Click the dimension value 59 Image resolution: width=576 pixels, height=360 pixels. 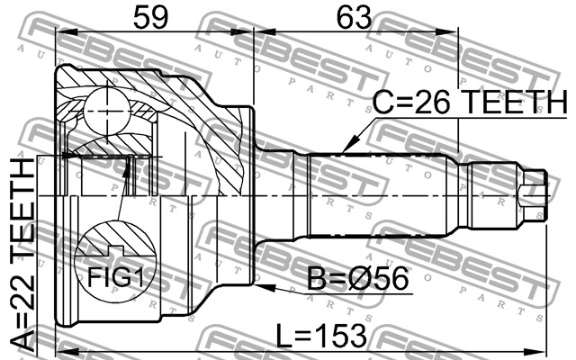tap(150, 18)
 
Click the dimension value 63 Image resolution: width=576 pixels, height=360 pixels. tap(355, 18)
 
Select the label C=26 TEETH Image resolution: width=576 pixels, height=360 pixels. tap(470, 102)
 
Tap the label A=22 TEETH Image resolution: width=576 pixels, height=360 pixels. tap(22, 254)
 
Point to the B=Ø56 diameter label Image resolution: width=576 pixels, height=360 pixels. tap(357, 278)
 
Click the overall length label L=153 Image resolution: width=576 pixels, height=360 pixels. tap(321, 335)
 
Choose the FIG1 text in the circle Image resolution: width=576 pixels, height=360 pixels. tap(115, 277)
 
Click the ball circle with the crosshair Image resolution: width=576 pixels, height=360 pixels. tap(106, 110)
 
